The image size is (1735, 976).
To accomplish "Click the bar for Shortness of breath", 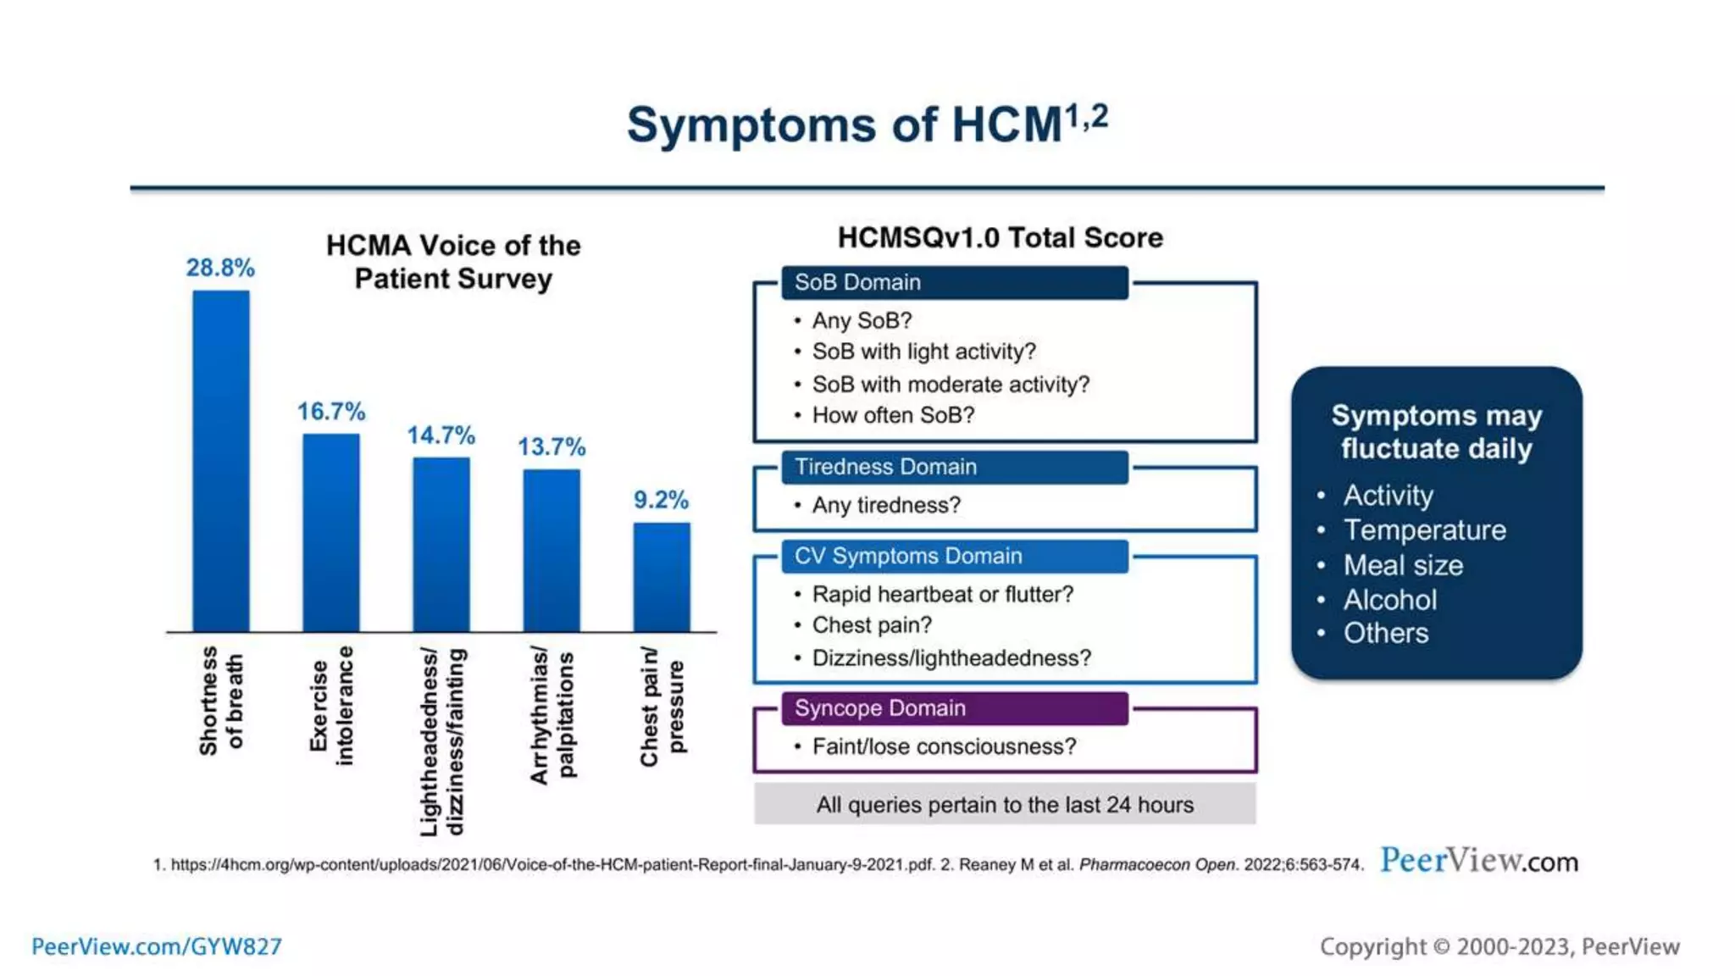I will click(221, 462).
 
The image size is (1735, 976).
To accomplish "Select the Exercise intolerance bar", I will click(331, 533).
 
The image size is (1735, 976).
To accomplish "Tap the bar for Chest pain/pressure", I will click(662, 577).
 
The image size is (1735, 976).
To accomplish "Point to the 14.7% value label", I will click(441, 435).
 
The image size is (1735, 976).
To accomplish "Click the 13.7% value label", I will click(552, 446).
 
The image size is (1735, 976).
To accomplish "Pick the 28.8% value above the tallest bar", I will click(220, 268).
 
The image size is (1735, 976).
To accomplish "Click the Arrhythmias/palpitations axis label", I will click(552, 716).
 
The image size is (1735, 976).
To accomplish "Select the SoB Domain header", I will click(954, 283).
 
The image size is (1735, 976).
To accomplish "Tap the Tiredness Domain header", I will click(954, 467).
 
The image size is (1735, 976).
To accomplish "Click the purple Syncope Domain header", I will click(954, 708).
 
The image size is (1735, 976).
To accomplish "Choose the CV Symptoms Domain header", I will click(954, 557).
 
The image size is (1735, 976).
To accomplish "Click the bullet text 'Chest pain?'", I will click(872, 625).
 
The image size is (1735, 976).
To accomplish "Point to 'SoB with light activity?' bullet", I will click(923, 352).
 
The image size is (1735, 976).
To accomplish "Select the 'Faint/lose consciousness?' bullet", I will click(944, 746).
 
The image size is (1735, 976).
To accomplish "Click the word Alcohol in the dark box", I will click(1389, 600).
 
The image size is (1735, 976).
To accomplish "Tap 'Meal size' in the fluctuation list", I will click(1403, 565).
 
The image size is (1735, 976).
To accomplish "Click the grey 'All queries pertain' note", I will click(1005, 804).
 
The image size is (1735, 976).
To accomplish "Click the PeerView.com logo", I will click(1479, 861).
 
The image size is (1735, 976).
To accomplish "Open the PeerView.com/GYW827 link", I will click(157, 946).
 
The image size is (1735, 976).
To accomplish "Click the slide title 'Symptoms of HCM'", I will click(867, 125).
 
